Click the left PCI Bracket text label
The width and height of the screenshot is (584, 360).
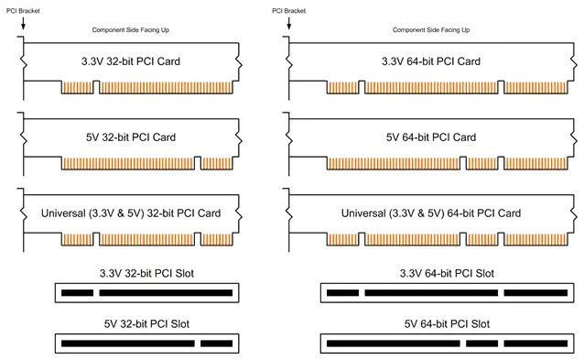[23, 11]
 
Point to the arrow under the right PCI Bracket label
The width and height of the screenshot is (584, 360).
[288, 23]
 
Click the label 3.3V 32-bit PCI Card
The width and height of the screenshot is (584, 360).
[131, 61]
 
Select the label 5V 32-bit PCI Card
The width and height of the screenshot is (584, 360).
[131, 137]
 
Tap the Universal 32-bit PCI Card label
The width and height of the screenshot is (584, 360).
[131, 213]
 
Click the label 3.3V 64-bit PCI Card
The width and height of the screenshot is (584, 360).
[431, 61]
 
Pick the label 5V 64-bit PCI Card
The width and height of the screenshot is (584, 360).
[431, 137]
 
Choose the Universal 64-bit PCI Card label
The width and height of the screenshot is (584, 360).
[431, 213]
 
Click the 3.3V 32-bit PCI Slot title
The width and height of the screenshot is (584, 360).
[146, 274]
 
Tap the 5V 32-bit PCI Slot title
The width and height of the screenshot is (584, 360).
[146, 324]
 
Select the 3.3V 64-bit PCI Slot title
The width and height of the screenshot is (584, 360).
[447, 274]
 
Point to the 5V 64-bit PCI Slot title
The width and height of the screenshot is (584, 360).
[447, 324]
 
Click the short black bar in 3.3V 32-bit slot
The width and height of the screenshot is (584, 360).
[77, 293]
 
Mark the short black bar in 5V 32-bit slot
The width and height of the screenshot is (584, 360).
[216, 344]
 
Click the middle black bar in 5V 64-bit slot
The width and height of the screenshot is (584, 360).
[482, 344]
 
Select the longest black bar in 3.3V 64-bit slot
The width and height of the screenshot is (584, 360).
[431, 293]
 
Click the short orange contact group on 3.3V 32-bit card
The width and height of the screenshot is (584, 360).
[77, 88]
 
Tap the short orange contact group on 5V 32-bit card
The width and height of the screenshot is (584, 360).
[216, 164]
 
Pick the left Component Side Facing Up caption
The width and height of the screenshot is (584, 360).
[130, 30]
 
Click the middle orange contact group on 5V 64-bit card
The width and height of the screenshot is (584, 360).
[482, 164]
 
